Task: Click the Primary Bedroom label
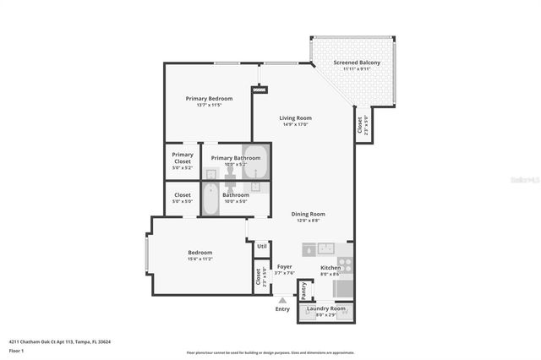click(x=209, y=98)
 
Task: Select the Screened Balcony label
click(x=356, y=63)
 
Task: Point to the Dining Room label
click(x=308, y=214)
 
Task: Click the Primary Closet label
click(x=183, y=157)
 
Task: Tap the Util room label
click(x=262, y=246)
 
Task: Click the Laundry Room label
click(x=325, y=308)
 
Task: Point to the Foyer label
click(x=285, y=266)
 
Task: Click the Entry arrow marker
click(x=282, y=298)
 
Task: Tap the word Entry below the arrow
click(x=282, y=309)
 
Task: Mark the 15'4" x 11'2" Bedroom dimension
click(x=200, y=259)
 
